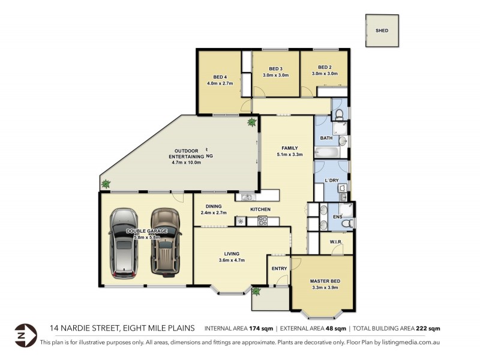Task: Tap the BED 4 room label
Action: pyautogui.click(x=220, y=77)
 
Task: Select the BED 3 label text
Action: pyautogui.click(x=275, y=68)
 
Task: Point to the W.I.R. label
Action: pyautogui.click(x=335, y=242)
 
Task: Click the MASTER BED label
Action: pyautogui.click(x=325, y=281)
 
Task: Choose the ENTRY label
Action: pyautogui.click(x=279, y=268)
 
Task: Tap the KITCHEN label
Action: pyautogui.click(x=260, y=209)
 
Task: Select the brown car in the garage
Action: pyautogui.click(x=165, y=241)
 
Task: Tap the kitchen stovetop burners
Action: pyautogui.click(x=262, y=221)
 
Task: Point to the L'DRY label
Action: pyautogui.click(x=331, y=181)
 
